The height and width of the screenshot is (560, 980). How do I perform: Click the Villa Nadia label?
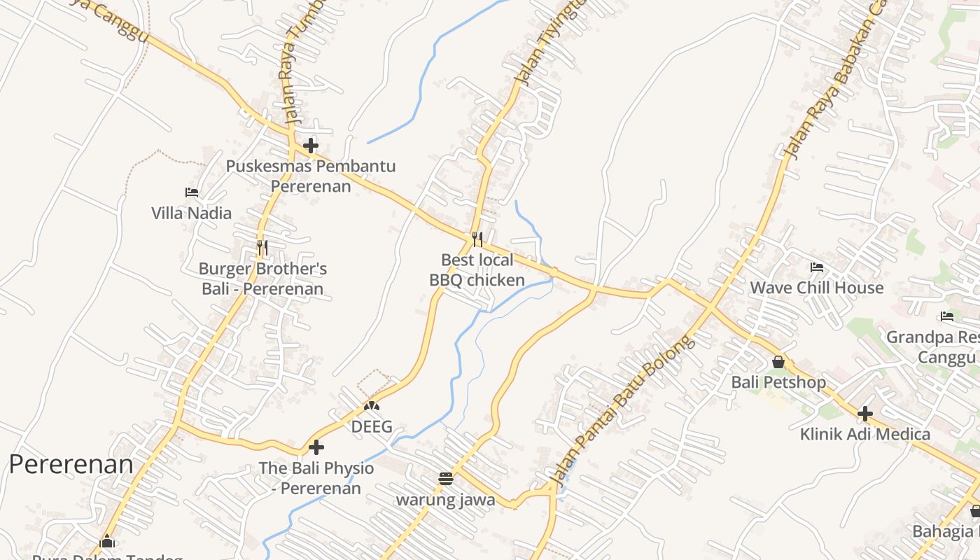(x=191, y=213)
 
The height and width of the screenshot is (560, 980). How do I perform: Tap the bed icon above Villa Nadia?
(x=192, y=192)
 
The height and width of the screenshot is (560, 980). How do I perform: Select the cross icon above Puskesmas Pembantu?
(x=311, y=146)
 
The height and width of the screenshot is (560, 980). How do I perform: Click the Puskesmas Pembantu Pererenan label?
(x=311, y=176)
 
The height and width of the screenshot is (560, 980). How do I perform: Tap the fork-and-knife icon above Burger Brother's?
(x=262, y=248)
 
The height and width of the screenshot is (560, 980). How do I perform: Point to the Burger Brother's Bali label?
(x=262, y=279)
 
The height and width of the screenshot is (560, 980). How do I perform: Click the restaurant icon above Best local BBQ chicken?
(x=477, y=239)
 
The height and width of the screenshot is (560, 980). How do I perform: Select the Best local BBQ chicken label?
(x=477, y=270)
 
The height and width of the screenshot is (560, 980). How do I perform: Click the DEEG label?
(x=372, y=426)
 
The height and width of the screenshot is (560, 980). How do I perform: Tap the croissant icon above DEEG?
(x=372, y=406)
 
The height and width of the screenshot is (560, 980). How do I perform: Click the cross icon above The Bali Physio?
(x=316, y=447)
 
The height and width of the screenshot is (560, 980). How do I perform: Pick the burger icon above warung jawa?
(x=445, y=479)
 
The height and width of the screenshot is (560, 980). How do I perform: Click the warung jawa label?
(x=445, y=500)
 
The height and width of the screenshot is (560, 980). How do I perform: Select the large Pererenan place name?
(x=71, y=464)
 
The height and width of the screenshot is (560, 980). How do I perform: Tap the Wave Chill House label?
(x=817, y=288)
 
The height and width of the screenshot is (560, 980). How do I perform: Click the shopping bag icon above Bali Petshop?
(x=778, y=362)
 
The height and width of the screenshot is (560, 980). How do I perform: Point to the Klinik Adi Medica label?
(x=865, y=434)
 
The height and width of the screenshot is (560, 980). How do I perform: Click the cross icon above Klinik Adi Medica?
(x=865, y=414)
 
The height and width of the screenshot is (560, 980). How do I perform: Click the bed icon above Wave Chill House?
(x=817, y=267)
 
